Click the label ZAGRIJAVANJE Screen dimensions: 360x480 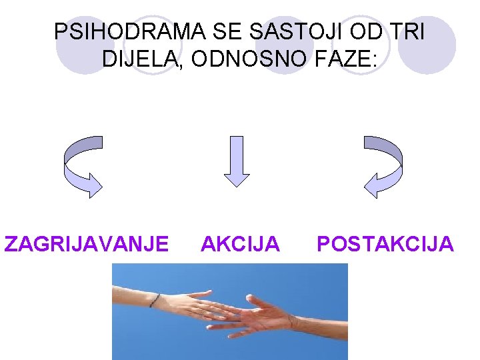click(x=86, y=244)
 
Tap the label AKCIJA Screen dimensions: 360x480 click(x=240, y=244)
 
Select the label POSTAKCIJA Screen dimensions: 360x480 click(x=385, y=244)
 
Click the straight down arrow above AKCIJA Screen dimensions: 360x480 click(x=237, y=160)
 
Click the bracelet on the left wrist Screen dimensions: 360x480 click(x=155, y=300)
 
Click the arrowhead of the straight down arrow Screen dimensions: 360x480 click(x=237, y=178)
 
